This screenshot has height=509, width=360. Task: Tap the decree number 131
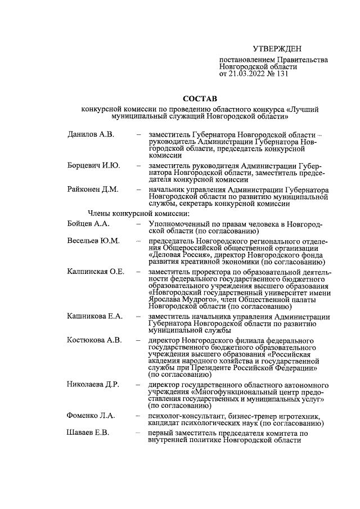pos(281,73)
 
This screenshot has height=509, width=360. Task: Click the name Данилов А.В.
pos(91,136)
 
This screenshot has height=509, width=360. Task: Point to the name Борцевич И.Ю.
pos(92,166)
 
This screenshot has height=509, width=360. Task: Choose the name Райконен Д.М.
pos(93,190)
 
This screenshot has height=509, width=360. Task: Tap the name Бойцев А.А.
pos(89,223)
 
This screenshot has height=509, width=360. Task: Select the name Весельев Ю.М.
pos(93,241)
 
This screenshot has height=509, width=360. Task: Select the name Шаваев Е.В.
pos(89,433)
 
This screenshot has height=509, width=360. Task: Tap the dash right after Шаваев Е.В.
pos(138,433)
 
